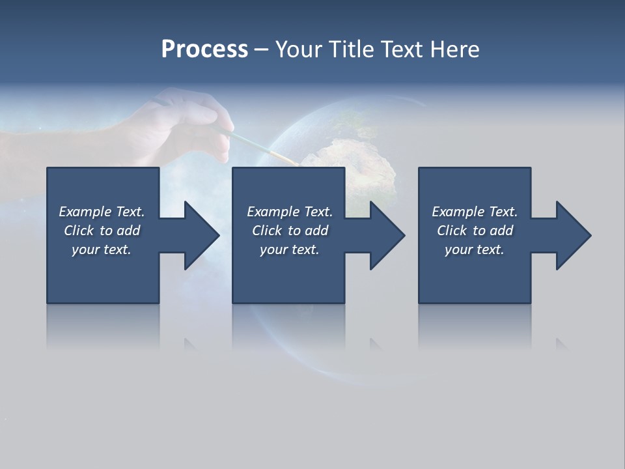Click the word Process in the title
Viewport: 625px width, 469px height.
[x=204, y=50]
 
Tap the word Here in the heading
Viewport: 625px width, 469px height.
[x=454, y=50]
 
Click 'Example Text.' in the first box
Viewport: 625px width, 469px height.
[x=102, y=212]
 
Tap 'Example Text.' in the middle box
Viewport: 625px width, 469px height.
[x=290, y=212]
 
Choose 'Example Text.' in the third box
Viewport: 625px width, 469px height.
[x=475, y=212]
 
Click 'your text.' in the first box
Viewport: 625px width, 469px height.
[x=102, y=249]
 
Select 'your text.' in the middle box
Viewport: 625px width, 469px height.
[x=290, y=249]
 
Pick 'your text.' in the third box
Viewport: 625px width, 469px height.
[x=475, y=249]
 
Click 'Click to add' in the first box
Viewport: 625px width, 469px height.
[x=102, y=231]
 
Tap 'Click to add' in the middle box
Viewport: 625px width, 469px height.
[x=290, y=231]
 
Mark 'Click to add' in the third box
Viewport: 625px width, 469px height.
[x=475, y=231]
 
